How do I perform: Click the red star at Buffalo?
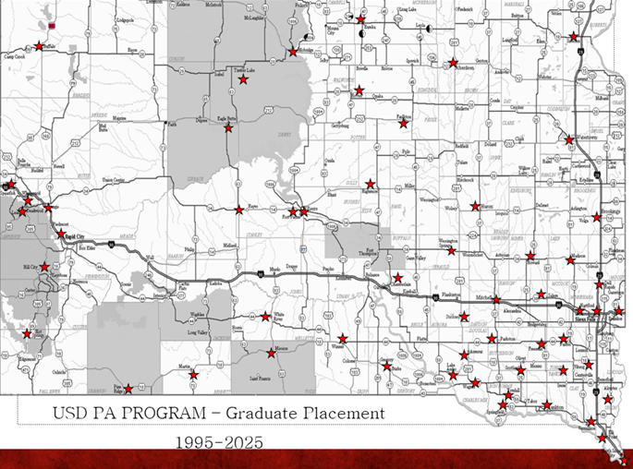(x=41, y=45)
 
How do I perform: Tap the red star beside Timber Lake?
(x=243, y=80)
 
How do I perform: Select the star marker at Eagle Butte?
(x=228, y=128)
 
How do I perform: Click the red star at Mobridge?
(x=293, y=52)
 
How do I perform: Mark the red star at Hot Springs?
(x=27, y=334)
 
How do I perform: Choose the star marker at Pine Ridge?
(x=128, y=389)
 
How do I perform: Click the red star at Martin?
(x=193, y=374)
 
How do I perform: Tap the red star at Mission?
(x=271, y=352)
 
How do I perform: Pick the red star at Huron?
(x=475, y=206)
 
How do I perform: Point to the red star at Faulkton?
(x=403, y=123)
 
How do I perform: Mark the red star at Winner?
(x=343, y=338)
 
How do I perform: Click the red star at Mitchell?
(x=496, y=300)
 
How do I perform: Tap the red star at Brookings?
(x=610, y=219)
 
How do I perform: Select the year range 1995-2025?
(x=219, y=443)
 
